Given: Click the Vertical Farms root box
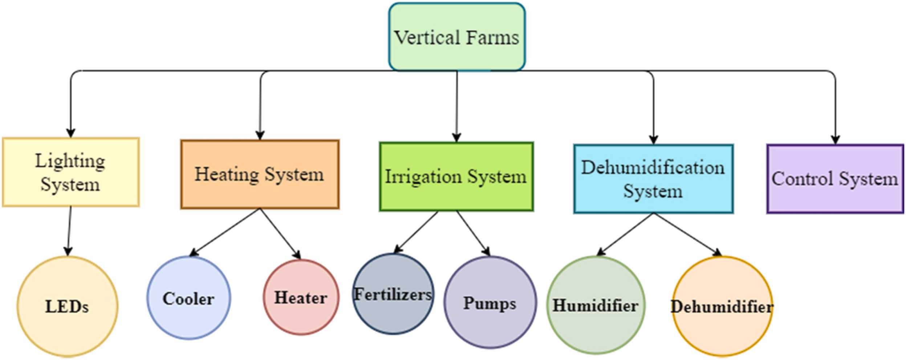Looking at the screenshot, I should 456,37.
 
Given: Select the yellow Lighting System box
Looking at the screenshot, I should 70,172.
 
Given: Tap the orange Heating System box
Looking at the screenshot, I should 260,174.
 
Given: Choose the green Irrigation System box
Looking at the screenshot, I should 456,177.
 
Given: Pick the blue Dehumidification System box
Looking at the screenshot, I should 653,179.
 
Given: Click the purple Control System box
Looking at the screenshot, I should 835,179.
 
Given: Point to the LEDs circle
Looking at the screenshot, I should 67,306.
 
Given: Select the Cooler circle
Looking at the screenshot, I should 188,298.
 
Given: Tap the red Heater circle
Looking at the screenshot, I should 301,297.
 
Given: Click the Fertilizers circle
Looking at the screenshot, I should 393,294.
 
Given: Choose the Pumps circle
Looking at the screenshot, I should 490,303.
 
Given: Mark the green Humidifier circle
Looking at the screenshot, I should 596,305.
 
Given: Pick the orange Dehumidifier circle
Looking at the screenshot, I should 722,307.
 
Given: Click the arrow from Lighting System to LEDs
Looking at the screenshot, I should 69,231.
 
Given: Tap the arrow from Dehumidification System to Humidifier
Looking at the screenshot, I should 625,234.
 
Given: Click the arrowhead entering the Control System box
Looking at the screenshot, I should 835,140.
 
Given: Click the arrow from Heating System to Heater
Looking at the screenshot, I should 280,234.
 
